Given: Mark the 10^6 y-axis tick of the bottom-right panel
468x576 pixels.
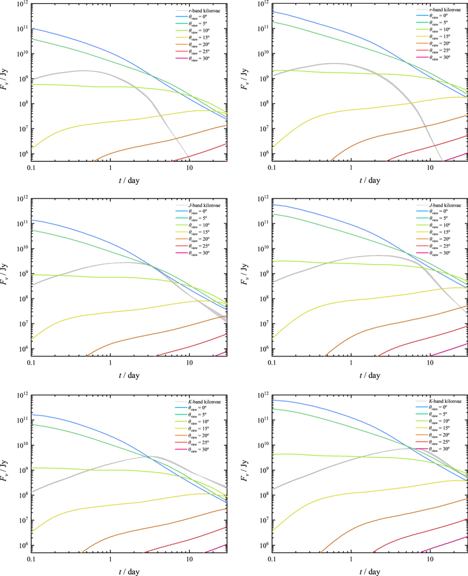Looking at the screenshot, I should [x=261, y=546].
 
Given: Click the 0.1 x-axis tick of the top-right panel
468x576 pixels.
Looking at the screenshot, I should [x=272, y=169].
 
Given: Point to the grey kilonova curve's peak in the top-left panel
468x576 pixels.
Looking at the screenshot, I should [x=83, y=71].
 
